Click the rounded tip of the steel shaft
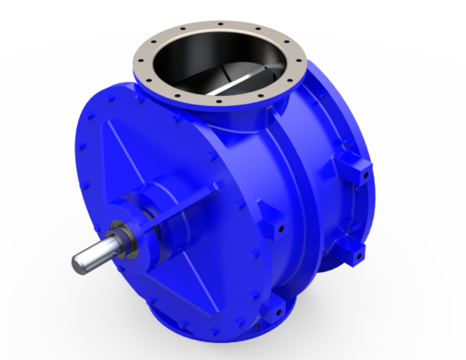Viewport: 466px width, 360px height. (x=79, y=261)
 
